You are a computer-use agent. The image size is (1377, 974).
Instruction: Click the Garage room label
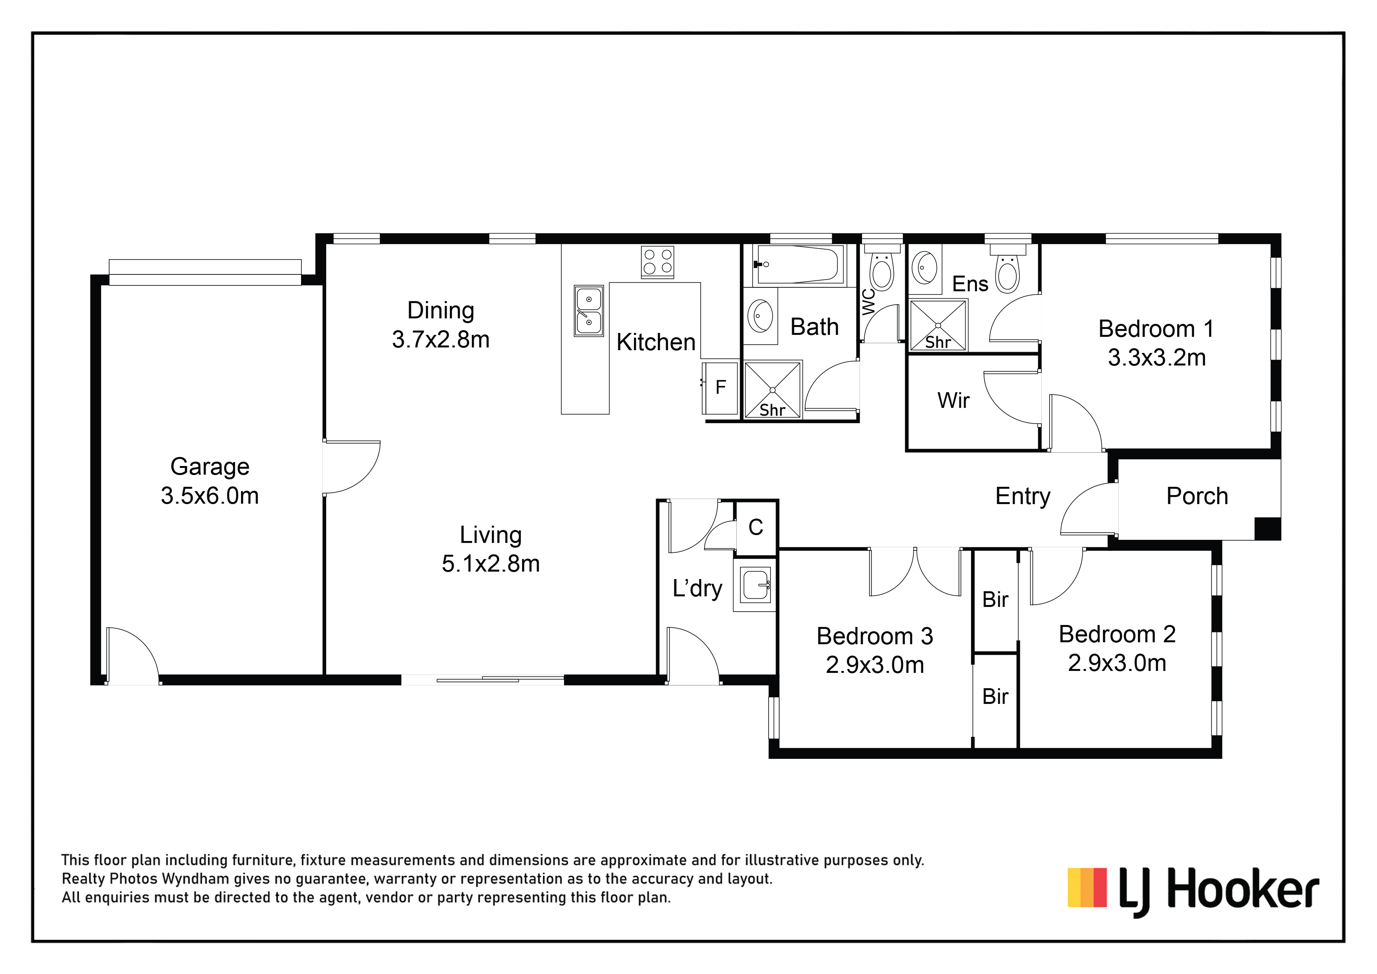210,467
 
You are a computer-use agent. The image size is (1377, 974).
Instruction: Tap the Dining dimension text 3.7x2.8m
441,340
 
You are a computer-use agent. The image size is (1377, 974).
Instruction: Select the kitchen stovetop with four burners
657,262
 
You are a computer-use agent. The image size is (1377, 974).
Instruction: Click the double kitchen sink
588,311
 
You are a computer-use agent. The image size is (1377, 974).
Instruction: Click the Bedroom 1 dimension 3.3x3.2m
1156,358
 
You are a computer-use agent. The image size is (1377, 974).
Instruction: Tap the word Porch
1197,496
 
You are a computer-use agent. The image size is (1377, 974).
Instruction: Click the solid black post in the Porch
1267,528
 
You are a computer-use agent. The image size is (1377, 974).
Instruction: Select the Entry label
1023,496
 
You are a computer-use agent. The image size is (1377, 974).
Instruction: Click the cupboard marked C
756,528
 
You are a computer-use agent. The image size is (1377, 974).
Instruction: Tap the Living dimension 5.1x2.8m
491,564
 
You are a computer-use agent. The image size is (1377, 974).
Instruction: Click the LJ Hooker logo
1193,891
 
